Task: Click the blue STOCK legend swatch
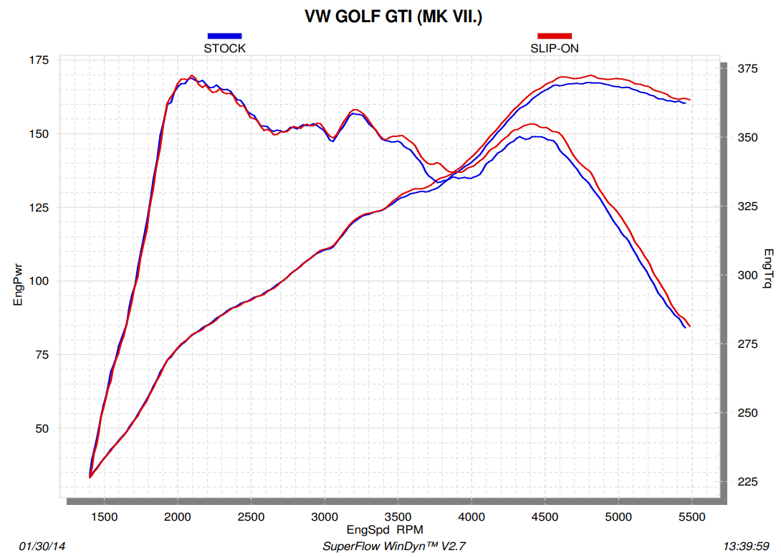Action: click(224, 35)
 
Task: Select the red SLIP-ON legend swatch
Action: click(555, 35)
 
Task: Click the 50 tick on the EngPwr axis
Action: click(40, 428)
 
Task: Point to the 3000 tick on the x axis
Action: click(325, 516)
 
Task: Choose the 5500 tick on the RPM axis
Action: click(691, 516)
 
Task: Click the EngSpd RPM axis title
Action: click(385, 530)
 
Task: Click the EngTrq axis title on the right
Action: click(769, 269)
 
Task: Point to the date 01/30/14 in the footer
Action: click(42, 547)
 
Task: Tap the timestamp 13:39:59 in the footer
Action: click(748, 547)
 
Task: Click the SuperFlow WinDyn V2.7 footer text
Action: click(394, 547)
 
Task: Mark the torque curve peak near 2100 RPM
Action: click(191, 75)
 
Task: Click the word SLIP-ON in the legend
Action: click(554, 49)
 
